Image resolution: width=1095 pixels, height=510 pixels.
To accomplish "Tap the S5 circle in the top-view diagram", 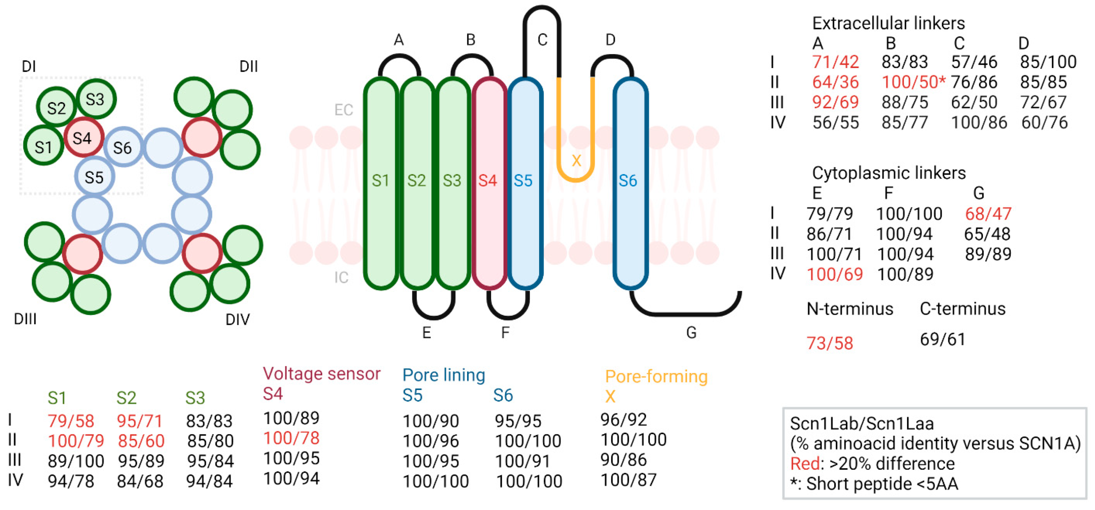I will click(x=94, y=177).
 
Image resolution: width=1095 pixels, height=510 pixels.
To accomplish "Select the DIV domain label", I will click(x=238, y=319).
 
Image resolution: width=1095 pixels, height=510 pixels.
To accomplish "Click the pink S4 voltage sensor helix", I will click(x=489, y=183).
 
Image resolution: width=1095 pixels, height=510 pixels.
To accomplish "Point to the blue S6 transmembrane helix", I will click(x=630, y=183).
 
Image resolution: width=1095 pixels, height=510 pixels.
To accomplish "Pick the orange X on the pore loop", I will click(x=576, y=161).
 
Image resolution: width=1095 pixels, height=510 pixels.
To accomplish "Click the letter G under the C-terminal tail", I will click(x=691, y=332).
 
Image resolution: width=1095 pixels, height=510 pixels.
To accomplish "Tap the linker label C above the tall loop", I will click(x=543, y=40).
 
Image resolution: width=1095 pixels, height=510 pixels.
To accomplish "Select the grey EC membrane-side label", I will click(x=343, y=110).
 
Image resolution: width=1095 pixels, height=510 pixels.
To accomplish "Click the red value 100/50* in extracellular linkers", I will click(x=913, y=82).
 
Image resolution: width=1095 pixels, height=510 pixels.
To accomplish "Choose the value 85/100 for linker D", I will click(x=1048, y=62).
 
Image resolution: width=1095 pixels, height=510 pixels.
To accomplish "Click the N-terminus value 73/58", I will click(x=830, y=343).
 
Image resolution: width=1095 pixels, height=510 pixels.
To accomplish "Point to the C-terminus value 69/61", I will click(x=942, y=339).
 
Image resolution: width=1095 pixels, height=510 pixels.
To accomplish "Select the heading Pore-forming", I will click(x=656, y=376).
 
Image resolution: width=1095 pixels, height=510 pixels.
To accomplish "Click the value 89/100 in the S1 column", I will click(x=76, y=461).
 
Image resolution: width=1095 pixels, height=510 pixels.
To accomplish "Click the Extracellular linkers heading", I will click(x=888, y=23).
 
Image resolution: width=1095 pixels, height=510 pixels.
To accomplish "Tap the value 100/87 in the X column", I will click(x=628, y=480).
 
